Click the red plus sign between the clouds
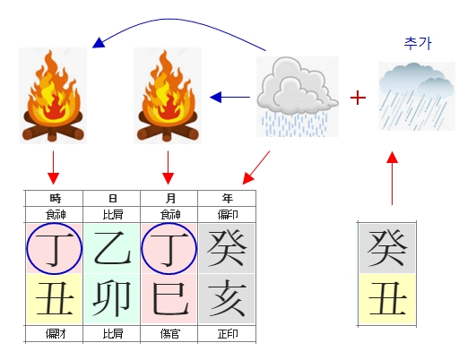358,98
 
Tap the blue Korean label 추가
418,43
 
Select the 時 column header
56,198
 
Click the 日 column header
113,198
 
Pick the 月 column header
170,198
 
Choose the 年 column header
228,198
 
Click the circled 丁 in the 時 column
55,249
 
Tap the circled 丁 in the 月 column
169,249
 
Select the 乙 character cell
112,249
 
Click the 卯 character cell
112,299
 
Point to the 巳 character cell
169,299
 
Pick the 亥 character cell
227,299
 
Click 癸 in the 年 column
227,249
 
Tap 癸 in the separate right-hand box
387,249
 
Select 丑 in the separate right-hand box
387,299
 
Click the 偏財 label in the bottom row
56,334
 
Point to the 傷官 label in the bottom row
170,334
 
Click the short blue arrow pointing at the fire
229,98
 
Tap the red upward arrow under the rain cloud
393,178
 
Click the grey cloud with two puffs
297,97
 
